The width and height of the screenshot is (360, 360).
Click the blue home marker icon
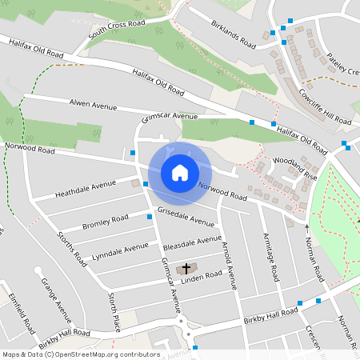coord(180,172)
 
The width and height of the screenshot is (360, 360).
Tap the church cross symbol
coord(186,268)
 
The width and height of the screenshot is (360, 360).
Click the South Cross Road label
coord(118,31)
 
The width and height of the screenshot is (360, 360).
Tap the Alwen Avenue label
coord(94,106)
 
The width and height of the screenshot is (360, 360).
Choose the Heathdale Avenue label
coord(86,190)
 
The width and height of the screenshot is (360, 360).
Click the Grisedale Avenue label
coord(186,215)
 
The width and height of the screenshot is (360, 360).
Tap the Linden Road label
coord(201,276)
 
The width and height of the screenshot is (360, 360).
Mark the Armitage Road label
coord(270,257)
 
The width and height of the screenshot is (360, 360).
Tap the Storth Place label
coord(115,311)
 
